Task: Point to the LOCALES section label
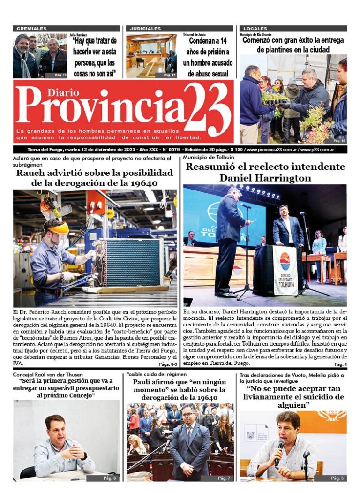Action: (x=255, y=29)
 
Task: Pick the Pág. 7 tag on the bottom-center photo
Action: (x=224, y=478)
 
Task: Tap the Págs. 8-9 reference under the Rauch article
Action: (x=168, y=364)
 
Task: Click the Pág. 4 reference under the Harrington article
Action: (x=340, y=364)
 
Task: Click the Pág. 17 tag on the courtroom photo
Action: (x=170, y=75)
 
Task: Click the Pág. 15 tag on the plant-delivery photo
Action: (x=339, y=140)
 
